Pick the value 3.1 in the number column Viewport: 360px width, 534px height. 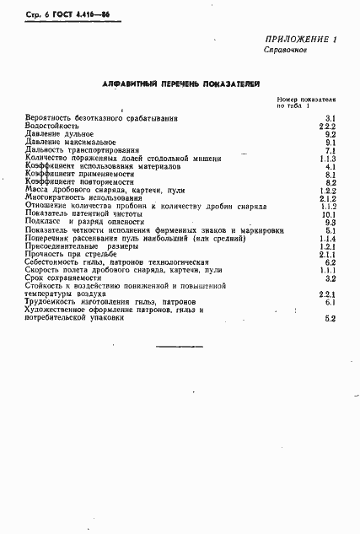pyautogui.click(x=330, y=118)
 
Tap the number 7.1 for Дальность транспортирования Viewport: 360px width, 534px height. pyautogui.click(x=330, y=150)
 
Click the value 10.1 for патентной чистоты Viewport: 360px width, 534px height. pyautogui.click(x=329, y=214)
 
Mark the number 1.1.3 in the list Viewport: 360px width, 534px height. pyautogui.click(x=328, y=158)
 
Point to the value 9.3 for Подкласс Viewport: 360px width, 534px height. pyautogui.click(x=330, y=223)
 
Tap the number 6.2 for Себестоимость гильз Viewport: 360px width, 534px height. pyautogui.click(x=330, y=262)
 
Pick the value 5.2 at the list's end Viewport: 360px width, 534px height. pyautogui.click(x=330, y=318)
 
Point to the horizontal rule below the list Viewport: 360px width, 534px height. pyautogui.click(x=180, y=347)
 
